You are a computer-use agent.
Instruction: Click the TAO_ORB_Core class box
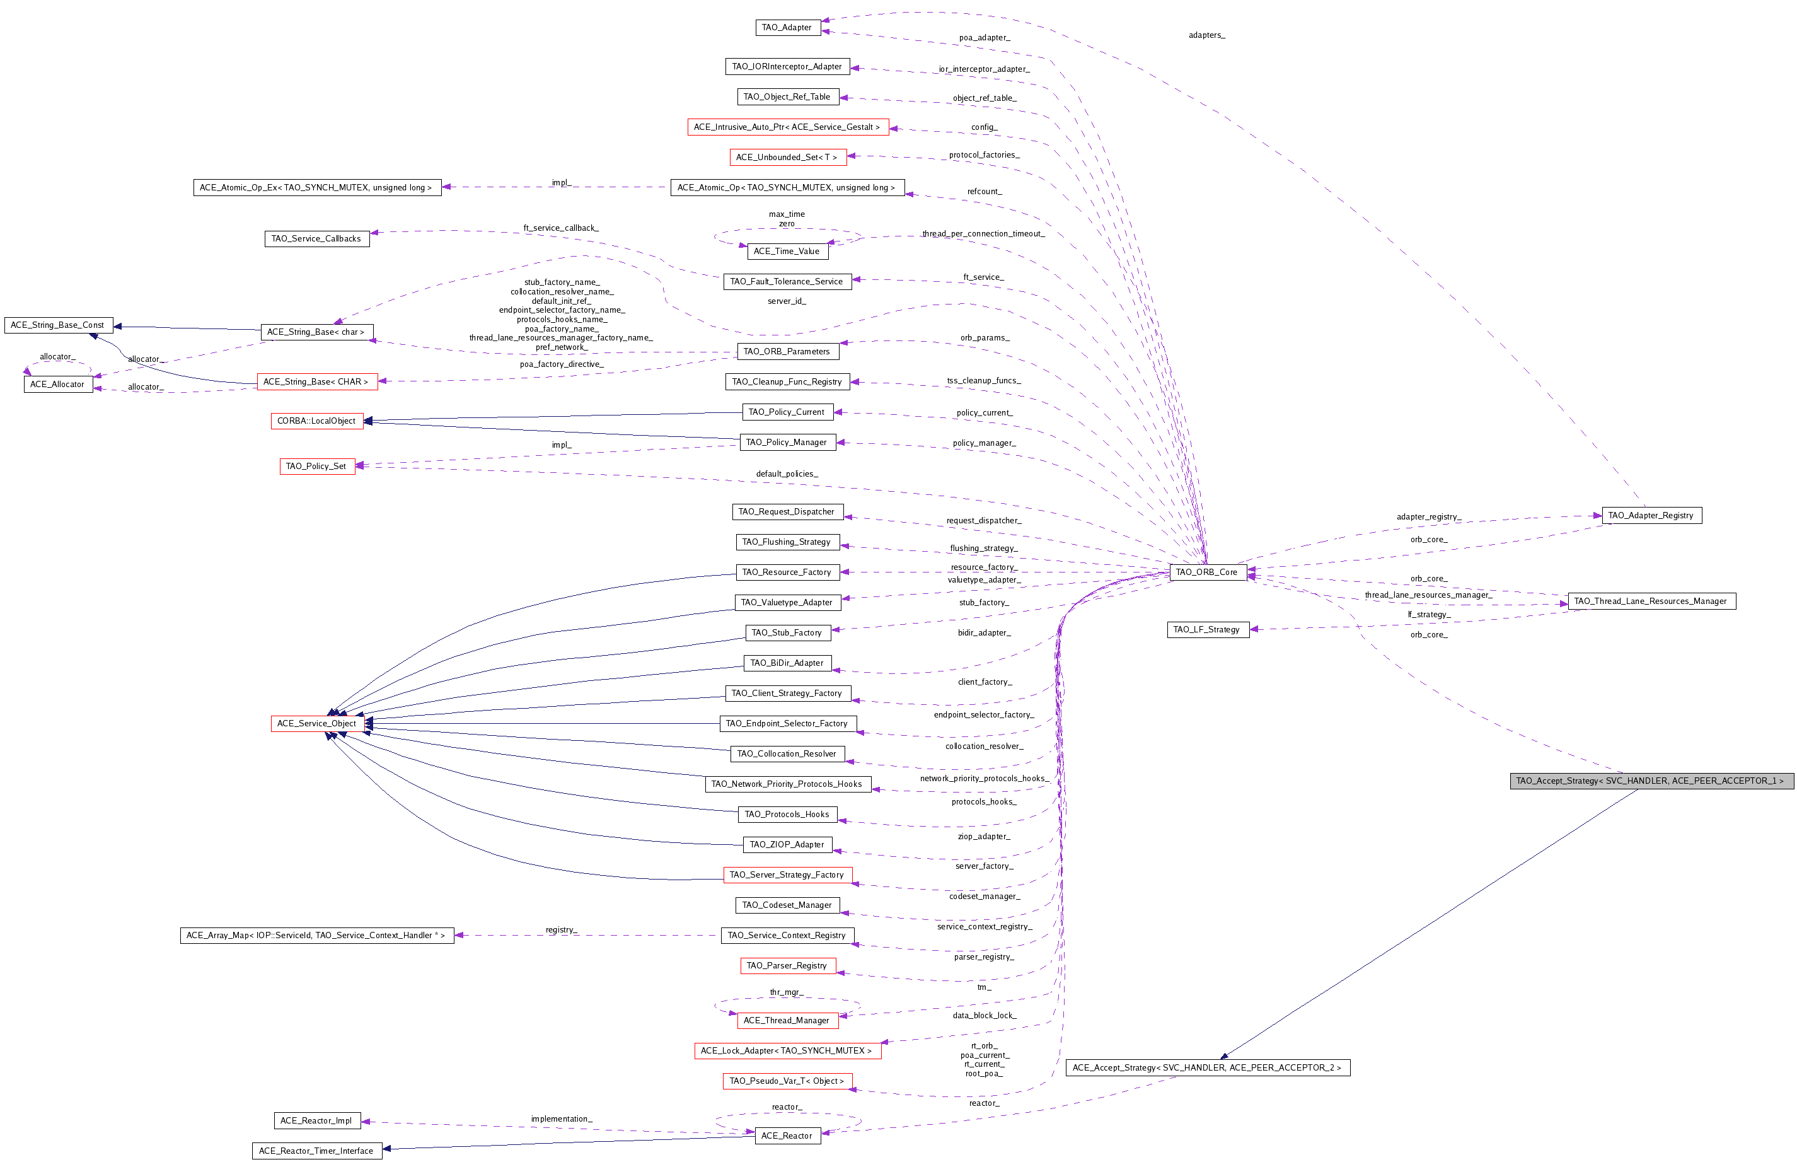(1206, 572)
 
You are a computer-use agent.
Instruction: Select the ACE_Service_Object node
(316, 724)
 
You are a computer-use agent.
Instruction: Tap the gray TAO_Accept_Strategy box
(1651, 781)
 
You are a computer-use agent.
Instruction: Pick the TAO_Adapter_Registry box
(1651, 515)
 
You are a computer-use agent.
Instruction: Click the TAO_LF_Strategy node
(1206, 629)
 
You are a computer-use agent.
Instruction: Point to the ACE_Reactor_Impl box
(316, 1120)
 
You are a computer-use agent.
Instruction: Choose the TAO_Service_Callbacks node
(316, 238)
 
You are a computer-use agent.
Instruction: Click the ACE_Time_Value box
(787, 252)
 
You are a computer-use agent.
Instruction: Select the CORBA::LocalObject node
(316, 421)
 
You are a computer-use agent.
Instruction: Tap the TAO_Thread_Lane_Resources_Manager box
(1651, 601)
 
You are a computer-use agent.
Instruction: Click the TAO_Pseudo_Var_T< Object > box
(787, 1081)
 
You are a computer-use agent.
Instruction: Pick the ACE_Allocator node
(58, 384)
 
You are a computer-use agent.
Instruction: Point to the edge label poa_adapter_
(985, 38)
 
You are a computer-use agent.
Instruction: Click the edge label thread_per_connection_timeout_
(983, 234)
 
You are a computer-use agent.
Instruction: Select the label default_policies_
(787, 474)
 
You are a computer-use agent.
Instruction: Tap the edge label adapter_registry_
(1428, 517)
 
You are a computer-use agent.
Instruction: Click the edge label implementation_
(561, 1119)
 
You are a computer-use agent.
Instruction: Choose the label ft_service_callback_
(561, 228)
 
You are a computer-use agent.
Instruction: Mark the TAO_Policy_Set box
(316, 467)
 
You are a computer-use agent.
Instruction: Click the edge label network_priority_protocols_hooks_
(984, 779)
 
